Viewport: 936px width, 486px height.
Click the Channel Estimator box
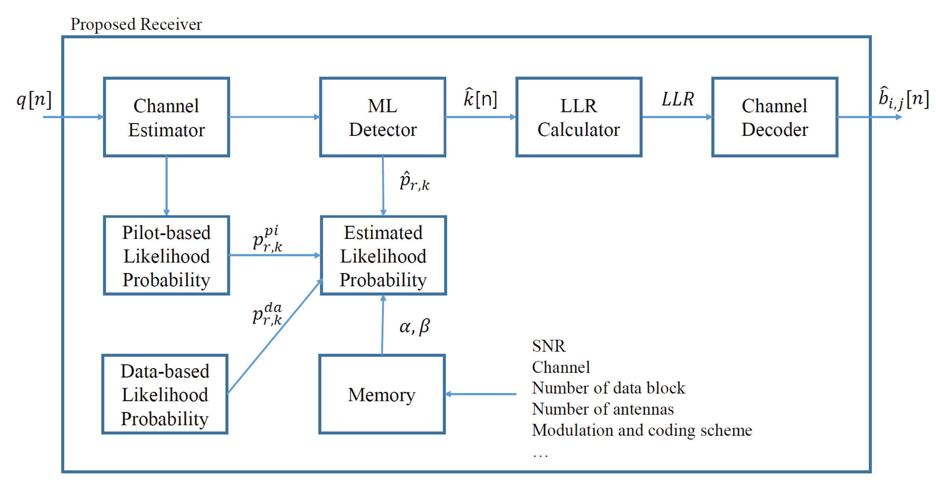166,117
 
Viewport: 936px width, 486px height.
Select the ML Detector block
383,117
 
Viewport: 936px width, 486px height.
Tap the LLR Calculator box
578,117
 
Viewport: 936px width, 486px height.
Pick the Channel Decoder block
774,117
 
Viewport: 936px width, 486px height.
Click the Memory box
382,394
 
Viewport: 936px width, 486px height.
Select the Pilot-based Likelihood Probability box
166,256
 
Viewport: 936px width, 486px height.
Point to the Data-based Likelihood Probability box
165,394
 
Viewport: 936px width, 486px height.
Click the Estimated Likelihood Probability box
383,256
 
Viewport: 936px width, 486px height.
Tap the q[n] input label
34,100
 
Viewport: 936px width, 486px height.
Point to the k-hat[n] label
480,98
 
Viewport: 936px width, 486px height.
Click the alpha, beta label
414,326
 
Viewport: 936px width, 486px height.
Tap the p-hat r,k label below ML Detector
414,182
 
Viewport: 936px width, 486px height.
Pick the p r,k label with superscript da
267,314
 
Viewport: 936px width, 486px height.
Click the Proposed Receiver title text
136,24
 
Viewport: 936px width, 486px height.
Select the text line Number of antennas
602,409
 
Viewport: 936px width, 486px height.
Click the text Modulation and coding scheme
642,431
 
